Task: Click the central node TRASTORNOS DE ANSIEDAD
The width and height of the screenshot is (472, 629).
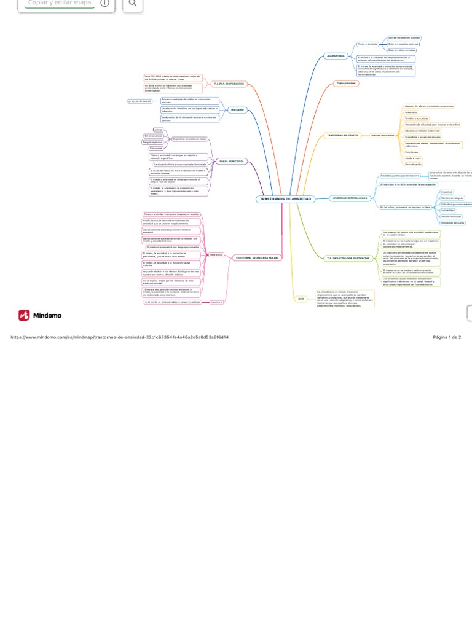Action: pos(285,199)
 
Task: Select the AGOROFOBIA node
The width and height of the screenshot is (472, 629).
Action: pos(336,56)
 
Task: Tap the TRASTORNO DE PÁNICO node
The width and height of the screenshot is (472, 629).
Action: pos(342,135)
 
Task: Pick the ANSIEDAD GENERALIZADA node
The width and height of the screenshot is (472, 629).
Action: pos(350,198)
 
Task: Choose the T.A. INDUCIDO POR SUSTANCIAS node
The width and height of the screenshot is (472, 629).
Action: pos(348,259)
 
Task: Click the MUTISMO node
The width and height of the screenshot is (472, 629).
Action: pos(237,110)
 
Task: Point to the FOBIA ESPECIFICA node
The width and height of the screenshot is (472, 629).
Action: pos(232,162)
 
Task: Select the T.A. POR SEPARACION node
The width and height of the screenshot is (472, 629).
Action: pos(229,84)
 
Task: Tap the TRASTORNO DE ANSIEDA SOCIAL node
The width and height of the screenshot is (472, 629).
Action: pos(256,258)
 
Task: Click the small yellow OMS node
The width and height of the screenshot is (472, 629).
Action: pos(301,299)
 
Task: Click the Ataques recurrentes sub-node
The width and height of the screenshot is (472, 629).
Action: pos(382,135)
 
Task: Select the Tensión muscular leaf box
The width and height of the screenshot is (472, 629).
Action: pos(451,217)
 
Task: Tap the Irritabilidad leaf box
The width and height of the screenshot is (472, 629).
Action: pos(448,211)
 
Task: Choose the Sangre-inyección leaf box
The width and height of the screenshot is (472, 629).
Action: pos(153,142)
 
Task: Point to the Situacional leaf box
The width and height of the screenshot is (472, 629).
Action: pos(156,148)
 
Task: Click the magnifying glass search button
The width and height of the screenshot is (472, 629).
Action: pos(133,4)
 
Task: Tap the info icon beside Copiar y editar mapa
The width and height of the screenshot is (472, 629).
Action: pos(104,3)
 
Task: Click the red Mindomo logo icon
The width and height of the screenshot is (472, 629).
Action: pos(24,315)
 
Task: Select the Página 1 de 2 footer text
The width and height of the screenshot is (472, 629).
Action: pos(447,337)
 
